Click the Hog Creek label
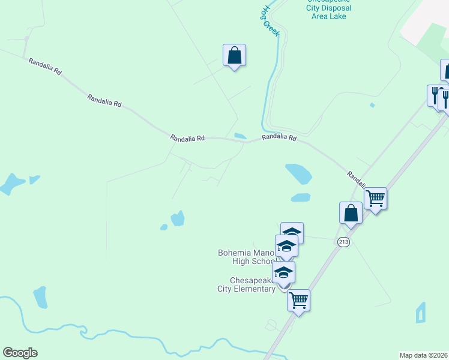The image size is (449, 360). (270, 22)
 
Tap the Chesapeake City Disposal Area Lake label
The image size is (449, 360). (328, 8)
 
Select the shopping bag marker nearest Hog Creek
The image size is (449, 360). (234, 56)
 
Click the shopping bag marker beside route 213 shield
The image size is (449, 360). (351, 212)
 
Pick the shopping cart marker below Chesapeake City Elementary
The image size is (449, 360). (298, 300)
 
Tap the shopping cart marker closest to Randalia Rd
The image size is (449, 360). (375, 198)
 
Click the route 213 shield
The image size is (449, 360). (343, 242)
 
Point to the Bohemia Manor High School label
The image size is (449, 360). (246, 257)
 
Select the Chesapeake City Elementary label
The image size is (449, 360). (246, 284)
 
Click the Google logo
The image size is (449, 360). (20, 353)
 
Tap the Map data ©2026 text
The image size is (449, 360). (423, 355)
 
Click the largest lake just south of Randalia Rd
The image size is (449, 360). (299, 174)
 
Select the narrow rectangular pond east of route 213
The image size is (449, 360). (420, 313)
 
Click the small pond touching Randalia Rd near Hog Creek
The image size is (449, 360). (240, 136)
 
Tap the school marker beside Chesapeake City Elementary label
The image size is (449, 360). (284, 272)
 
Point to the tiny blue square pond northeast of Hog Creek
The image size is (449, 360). (372, 106)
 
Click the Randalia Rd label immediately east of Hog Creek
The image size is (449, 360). (279, 138)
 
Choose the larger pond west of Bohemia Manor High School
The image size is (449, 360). (177, 218)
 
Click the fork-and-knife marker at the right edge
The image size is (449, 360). (444, 99)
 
